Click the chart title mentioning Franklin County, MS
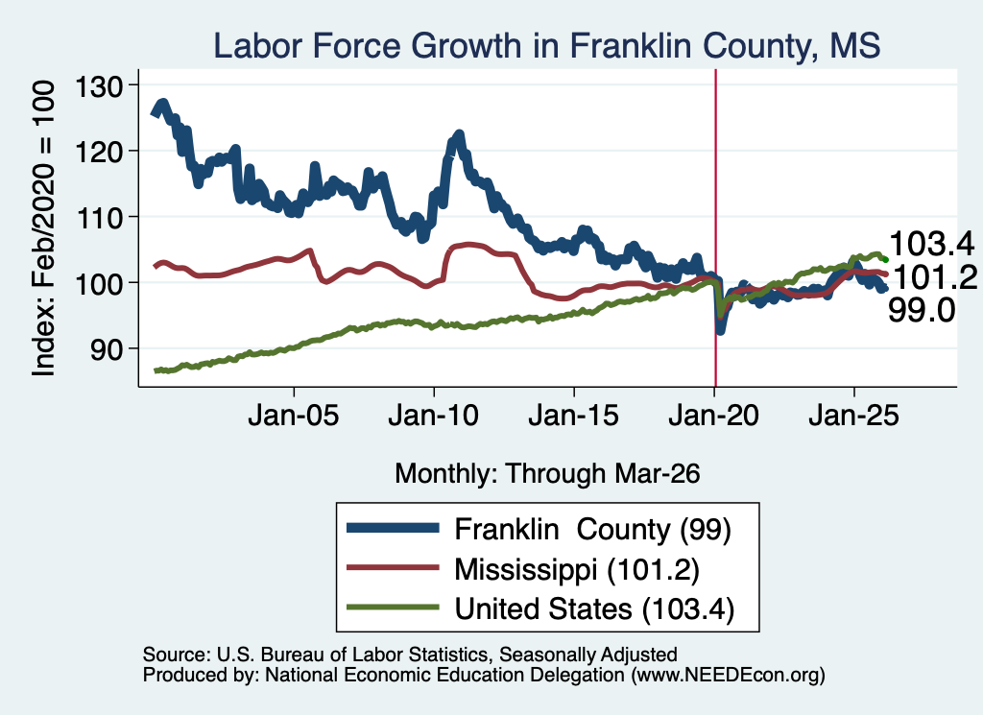[x=546, y=45]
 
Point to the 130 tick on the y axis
[x=99, y=85]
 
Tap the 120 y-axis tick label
[x=99, y=151]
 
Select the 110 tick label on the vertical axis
[x=99, y=218]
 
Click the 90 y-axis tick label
[x=107, y=349]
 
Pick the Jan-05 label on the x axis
[x=294, y=416]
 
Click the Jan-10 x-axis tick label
[x=433, y=416]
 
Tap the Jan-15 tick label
[x=574, y=416]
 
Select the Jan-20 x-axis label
[x=713, y=416]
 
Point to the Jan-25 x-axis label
[x=853, y=416]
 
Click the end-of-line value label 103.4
[x=931, y=244]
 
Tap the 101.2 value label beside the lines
[x=933, y=276]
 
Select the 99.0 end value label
[x=922, y=310]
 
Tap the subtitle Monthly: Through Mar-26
[x=547, y=473]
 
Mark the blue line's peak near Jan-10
[x=458, y=133]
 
